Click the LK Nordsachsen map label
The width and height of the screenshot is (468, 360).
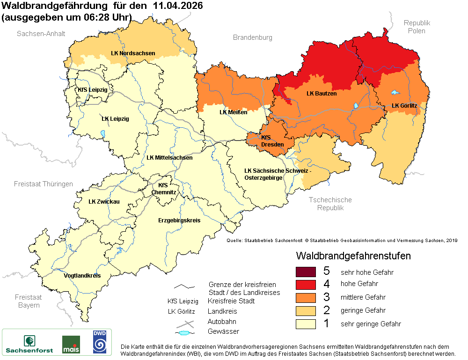coord(133,53)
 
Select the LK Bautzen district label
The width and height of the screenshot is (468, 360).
coord(322,94)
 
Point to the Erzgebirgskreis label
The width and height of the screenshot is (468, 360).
coord(179,220)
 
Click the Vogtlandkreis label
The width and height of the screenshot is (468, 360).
coord(82,276)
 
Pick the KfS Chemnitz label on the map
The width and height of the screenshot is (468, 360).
coord(164,189)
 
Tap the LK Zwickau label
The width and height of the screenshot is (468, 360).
coord(104,202)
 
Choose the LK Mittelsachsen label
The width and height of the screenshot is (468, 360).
coord(169,158)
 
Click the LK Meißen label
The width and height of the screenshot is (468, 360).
coord(234,112)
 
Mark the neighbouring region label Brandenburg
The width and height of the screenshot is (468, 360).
coord(253,37)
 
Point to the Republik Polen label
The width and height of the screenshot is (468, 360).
coord(417,27)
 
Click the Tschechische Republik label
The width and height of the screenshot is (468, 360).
coord(330,204)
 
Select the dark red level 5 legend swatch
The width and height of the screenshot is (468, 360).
coord(306,272)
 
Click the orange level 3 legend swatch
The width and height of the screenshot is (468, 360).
coord(306,297)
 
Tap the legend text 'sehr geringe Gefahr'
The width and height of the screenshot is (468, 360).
coord(371,324)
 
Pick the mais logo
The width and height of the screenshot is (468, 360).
coord(71,344)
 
